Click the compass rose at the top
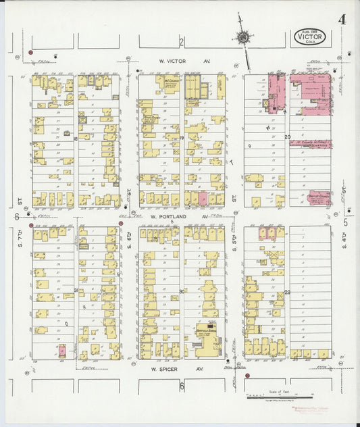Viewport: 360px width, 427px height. [242, 36]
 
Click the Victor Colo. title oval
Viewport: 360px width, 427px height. [311, 37]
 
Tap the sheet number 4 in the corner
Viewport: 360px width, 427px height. [342, 18]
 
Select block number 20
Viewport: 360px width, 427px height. [288, 137]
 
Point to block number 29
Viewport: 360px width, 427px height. [287, 291]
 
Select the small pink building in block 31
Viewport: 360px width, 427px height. [61, 351]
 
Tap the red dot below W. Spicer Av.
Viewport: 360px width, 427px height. [248, 376]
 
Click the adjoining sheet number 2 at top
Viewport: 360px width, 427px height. [182, 42]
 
